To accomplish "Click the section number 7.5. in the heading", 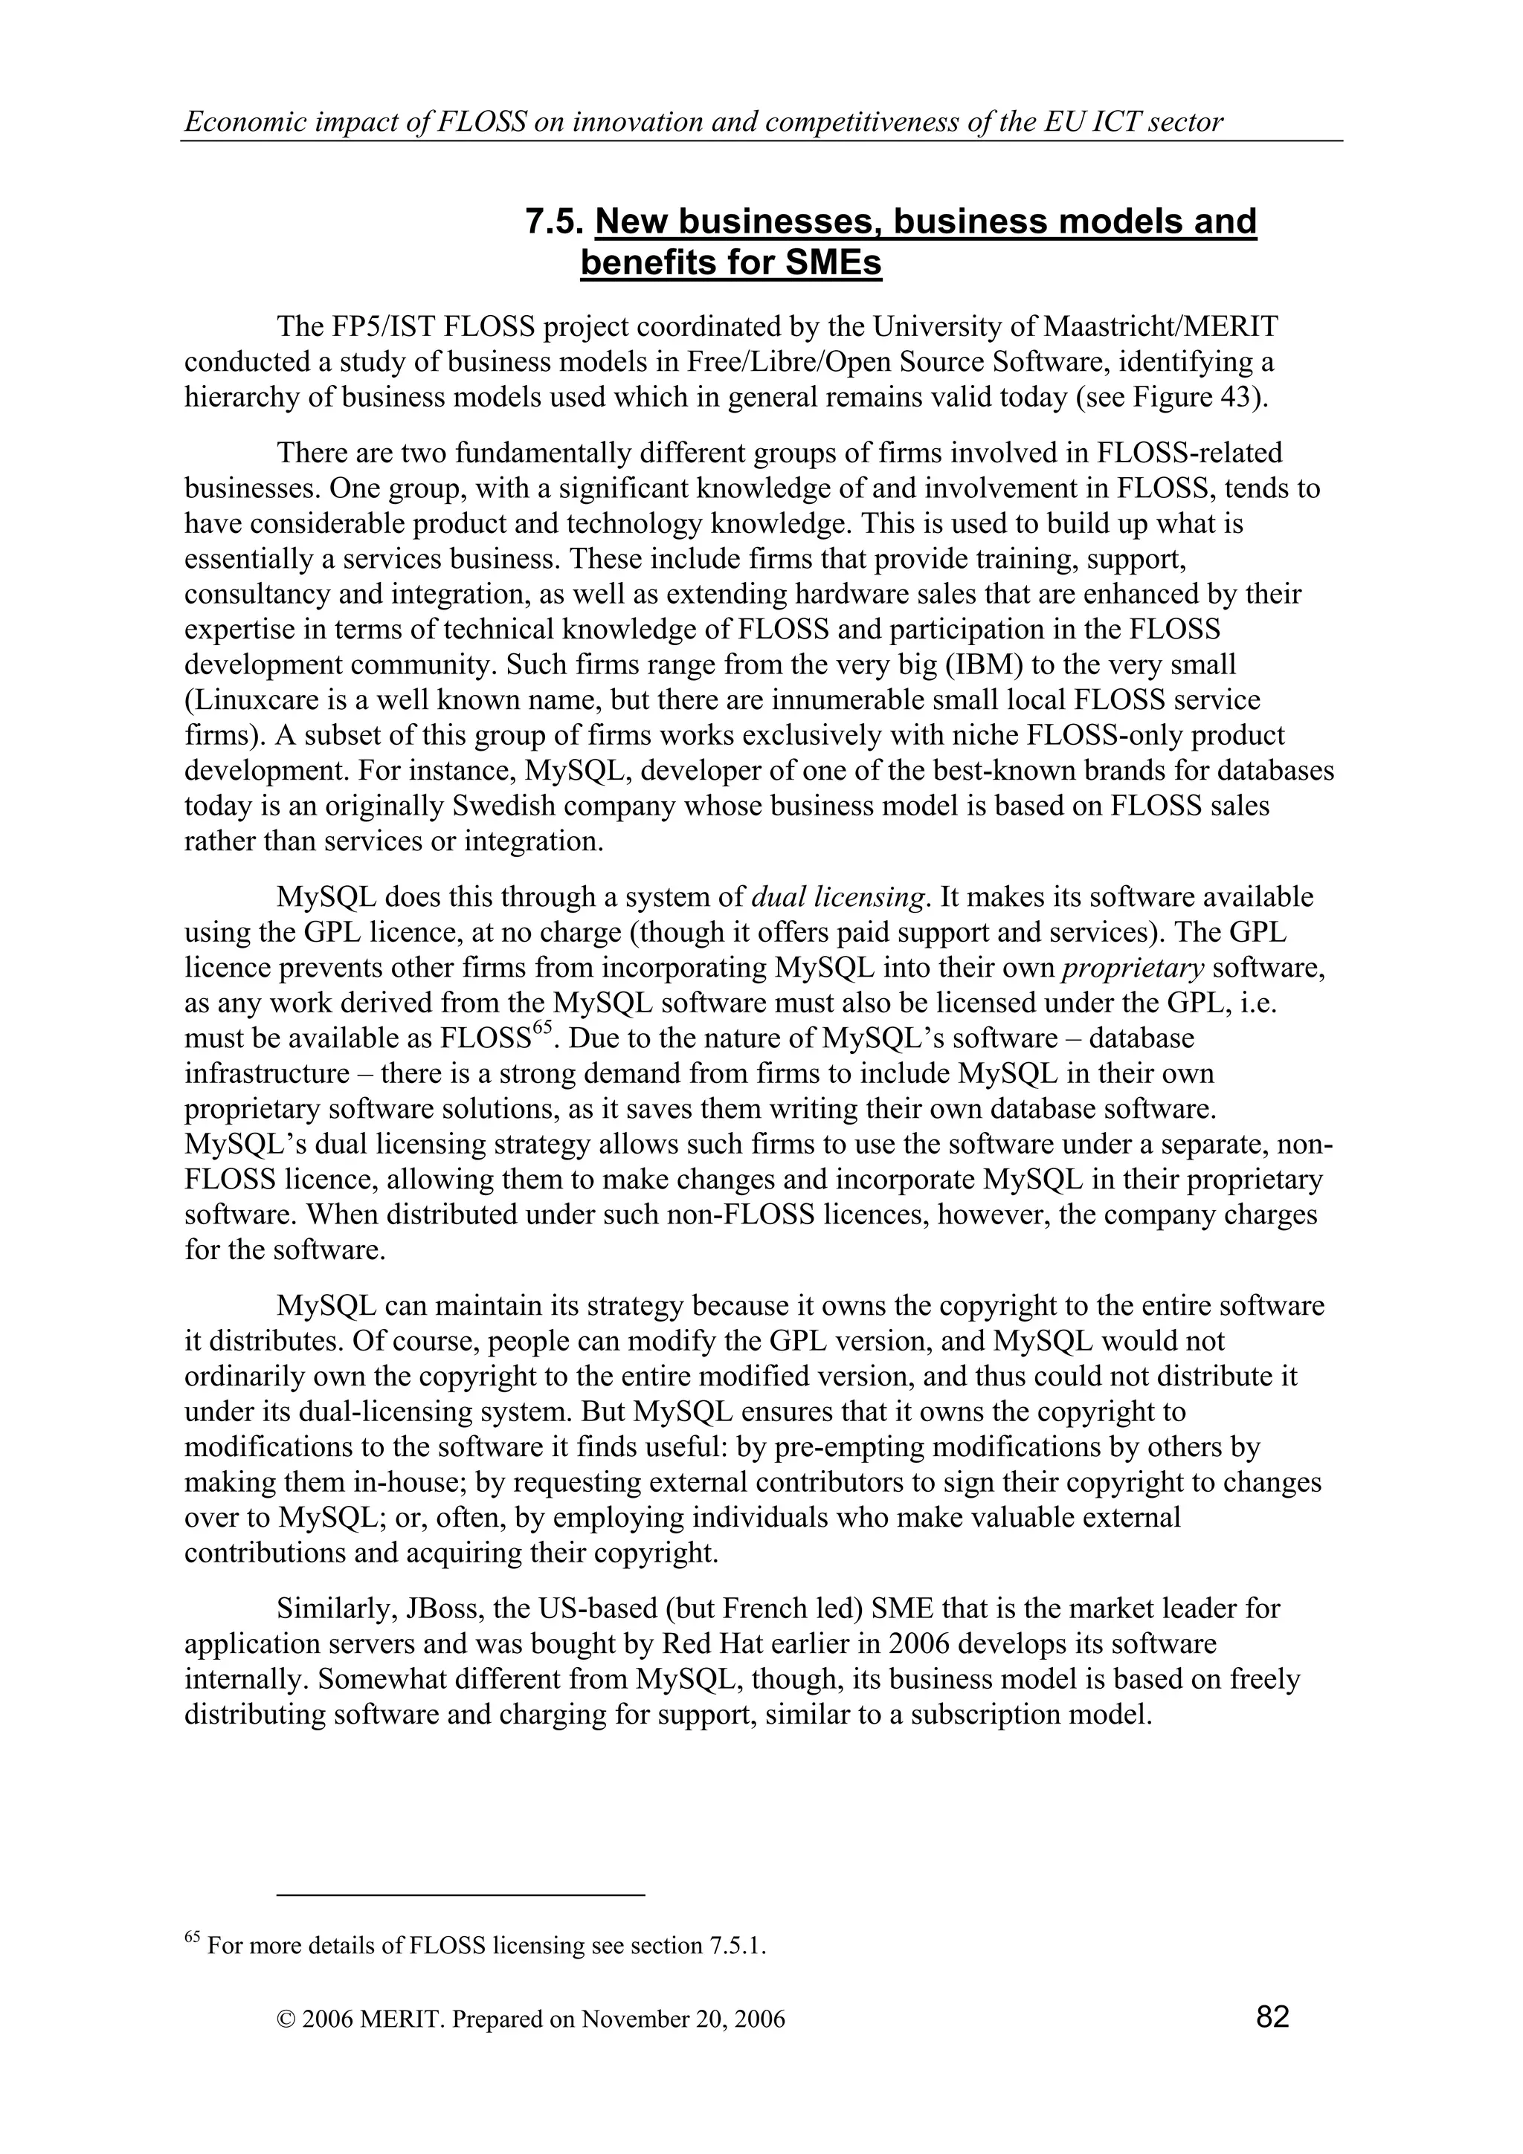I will (x=555, y=222).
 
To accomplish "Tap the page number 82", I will (x=1272, y=2016).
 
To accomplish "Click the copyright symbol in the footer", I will (x=286, y=2019).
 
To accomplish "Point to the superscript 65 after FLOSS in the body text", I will (x=540, y=1029).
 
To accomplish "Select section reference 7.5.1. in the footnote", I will (x=734, y=1947).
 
